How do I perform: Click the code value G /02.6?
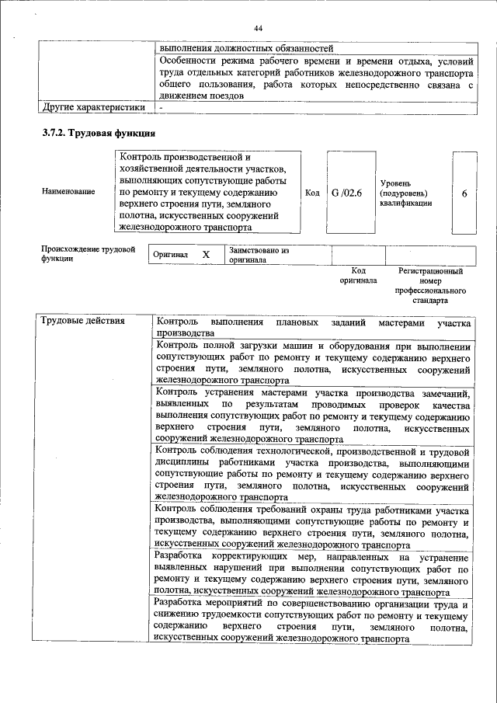[346, 193]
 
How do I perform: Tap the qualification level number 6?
[464, 193]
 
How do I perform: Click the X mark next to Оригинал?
[206, 255]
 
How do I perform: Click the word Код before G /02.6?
[312, 193]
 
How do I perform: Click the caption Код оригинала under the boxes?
[358, 276]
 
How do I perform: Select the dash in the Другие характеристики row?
[160, 106]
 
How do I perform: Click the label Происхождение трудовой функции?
[88, 254]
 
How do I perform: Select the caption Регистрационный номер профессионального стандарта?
[430, 285]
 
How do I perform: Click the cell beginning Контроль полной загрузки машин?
[313, 364]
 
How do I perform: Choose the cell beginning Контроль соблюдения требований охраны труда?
[313, 527]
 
